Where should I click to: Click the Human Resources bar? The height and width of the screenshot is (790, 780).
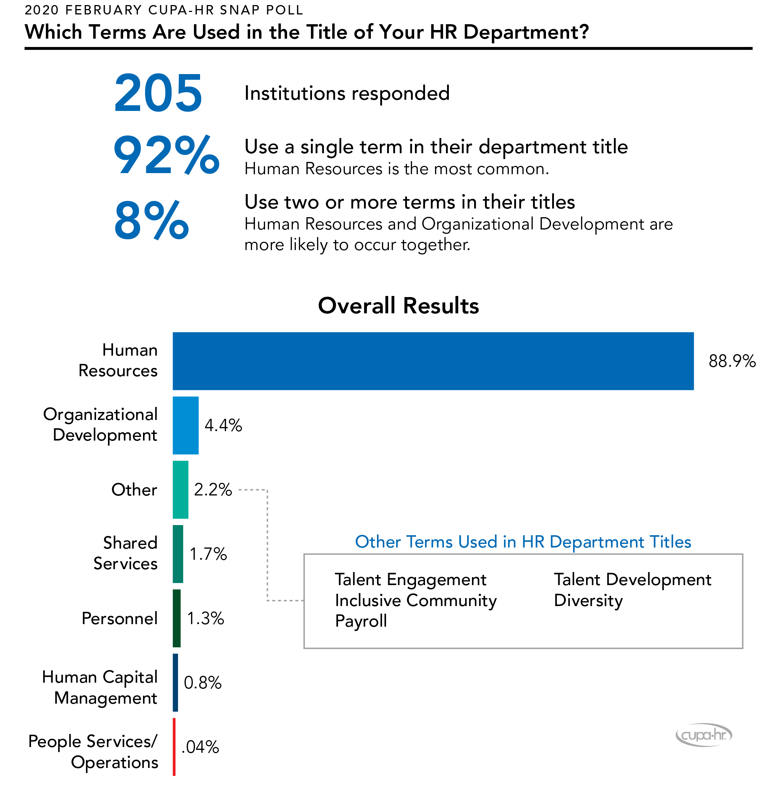coord(433,361)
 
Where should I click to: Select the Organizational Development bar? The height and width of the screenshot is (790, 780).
coord(186,425)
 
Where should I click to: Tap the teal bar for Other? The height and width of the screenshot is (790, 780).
coord(180,489)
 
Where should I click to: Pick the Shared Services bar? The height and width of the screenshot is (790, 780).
coord(178,554)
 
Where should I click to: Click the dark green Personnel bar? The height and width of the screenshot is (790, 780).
coord(177,618)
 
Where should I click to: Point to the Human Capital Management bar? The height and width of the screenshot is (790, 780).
coord(175,682)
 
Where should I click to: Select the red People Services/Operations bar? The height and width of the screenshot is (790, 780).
coord(174,747)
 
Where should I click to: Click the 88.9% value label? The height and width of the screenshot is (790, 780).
coord(732,361)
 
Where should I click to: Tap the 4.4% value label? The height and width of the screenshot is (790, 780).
coord(223,425)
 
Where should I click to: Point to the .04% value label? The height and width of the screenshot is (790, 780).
coord(200,747)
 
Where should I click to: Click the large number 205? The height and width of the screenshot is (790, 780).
coord(158,93)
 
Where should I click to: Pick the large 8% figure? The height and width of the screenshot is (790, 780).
coord(152,221)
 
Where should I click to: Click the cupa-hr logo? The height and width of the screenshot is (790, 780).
coord(703,735)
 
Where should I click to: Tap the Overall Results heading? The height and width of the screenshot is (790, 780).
coord(398,305)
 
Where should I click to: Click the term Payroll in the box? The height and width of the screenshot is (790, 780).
coord(361,621)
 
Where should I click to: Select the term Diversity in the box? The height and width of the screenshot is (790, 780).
coord(588,600)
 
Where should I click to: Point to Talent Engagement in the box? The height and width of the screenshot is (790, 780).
coord(411,579)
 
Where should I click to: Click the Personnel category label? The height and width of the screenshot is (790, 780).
coord(119,618)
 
